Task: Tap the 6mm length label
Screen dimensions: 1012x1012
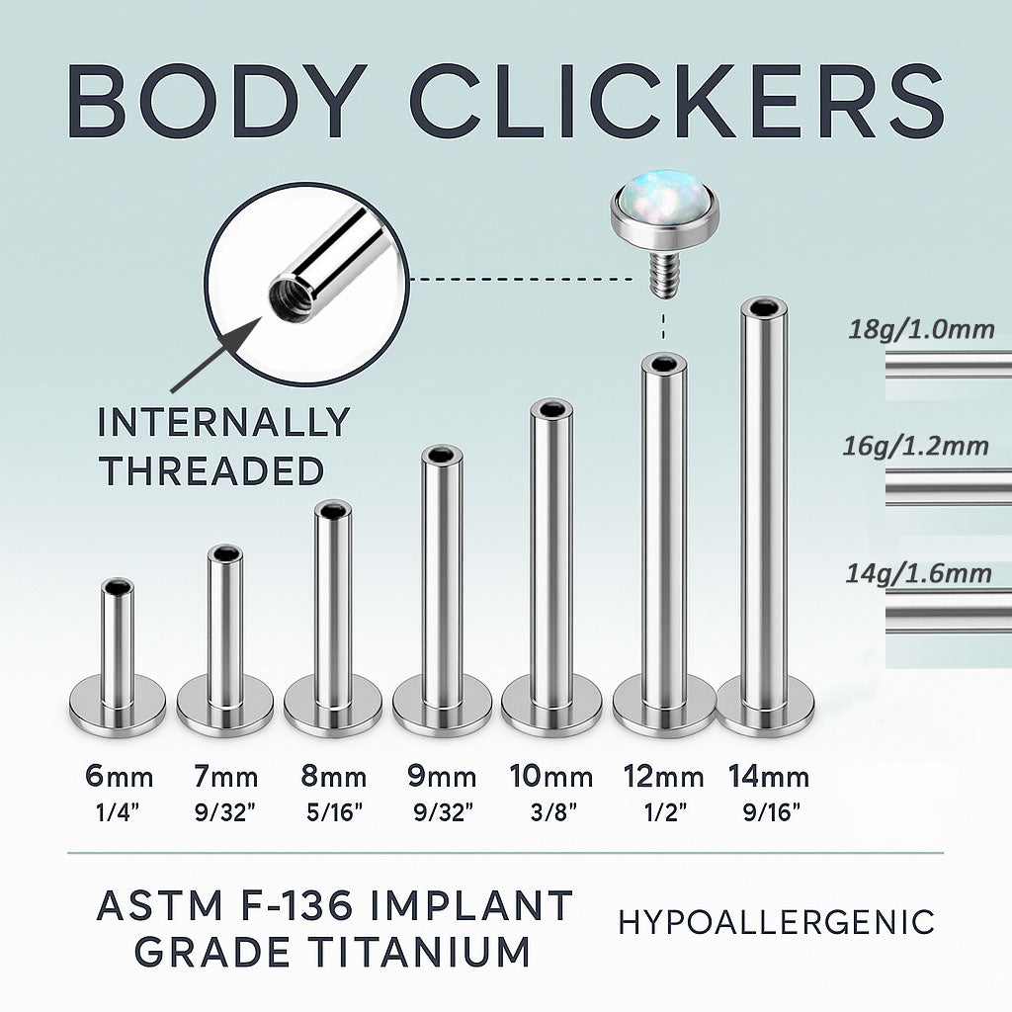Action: pyautogui.click(x=120, y=777)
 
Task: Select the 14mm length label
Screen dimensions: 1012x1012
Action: pyautogui.click(x=769, y=777)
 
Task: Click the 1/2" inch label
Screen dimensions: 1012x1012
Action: pyautogui.click(x=665, y=812)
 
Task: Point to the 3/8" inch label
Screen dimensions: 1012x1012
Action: pyautogui.click(x=553, y=812)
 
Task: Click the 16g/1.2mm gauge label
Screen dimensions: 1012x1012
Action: pyautogui.click(x=915, y=446)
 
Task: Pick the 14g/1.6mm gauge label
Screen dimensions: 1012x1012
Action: pyautogui.click(x=918, y=573)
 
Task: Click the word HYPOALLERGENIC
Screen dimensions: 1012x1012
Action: pyautogui.click(x=777, y=922)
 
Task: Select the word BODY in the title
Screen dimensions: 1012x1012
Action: pyautogui.click(x=217, y=102)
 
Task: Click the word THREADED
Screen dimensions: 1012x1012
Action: pyautogui.click(x=212, y=470)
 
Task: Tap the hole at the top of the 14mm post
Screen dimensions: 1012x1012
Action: pyautogui.click(x=764, y=306)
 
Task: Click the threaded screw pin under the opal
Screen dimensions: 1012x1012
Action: pyautogui.click(x=663, y=275)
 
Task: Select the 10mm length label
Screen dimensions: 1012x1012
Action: pyautogui.click(x=551, y=777)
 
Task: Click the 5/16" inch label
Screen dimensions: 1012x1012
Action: pyautogui.click(x=334, y=812)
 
